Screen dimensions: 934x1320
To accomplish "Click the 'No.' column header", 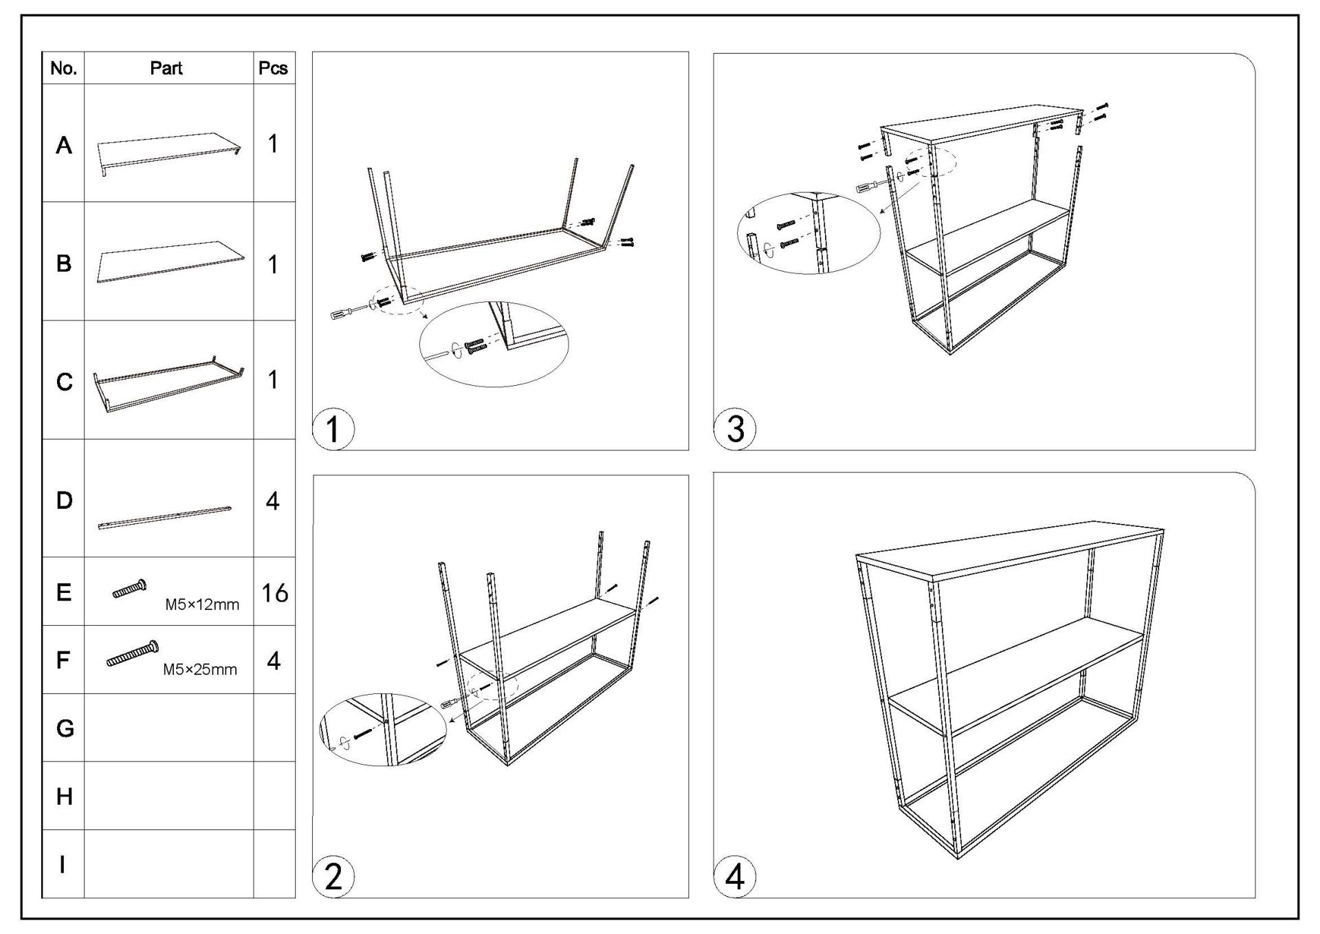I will point(63,68).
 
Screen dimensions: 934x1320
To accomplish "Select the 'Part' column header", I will point(166,68).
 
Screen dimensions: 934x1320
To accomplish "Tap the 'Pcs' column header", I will point(273,68).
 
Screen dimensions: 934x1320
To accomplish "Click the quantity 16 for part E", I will point(274,593).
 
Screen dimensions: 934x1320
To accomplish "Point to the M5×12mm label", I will point(202,605).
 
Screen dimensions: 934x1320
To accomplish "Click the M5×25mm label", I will point(199,670).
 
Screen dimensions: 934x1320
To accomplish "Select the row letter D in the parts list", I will point(64,501).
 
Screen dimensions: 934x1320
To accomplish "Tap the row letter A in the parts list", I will point(64,145).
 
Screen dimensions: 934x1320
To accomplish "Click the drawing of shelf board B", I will point(170,261).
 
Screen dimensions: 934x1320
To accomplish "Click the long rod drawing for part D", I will point(165,517).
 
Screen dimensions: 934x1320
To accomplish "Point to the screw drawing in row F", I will point(133,654).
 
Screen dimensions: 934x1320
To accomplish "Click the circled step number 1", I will point(333,429).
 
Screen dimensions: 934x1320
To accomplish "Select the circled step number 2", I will point(333,878).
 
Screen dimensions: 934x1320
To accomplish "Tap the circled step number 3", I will point(735,429).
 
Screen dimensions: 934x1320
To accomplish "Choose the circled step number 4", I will point(735,878).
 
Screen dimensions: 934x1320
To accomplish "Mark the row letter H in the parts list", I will point(64,796).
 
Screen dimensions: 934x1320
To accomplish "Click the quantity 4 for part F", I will point(274,661).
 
